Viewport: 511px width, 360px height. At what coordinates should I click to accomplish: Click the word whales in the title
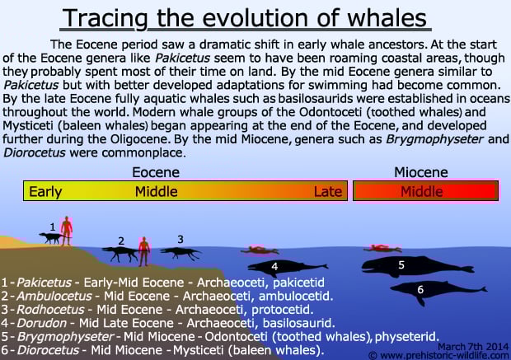387,18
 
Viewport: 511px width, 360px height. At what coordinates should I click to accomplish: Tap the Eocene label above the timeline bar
156,172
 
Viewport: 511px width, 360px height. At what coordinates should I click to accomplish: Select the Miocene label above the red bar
421,172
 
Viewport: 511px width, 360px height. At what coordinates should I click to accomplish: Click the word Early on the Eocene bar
45,192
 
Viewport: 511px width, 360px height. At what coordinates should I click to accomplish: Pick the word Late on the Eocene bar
328,192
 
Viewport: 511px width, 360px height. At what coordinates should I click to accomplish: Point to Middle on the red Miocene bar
422,192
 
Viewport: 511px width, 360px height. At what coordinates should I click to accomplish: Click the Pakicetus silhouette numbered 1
50,238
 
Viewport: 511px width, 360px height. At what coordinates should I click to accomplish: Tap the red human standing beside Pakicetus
67,231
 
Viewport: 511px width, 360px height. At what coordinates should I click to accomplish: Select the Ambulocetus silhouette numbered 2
120,254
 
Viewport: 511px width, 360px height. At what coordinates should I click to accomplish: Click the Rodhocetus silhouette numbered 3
180,253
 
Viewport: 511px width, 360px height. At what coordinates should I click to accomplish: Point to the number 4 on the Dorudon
274,266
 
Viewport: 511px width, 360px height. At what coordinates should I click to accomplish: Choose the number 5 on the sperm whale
401,265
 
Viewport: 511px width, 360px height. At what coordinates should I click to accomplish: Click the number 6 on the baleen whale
420,289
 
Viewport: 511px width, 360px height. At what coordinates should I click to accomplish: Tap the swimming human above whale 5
382,249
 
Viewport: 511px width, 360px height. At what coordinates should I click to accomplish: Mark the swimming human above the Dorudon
260,250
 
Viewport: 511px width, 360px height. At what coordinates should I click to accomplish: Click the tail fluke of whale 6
483,289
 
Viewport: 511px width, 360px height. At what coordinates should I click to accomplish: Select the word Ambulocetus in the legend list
54,296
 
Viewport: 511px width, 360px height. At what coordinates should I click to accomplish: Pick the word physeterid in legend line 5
406,336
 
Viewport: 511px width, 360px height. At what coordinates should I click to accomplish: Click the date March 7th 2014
472,346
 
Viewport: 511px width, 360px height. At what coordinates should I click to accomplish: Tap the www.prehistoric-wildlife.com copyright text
438,355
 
